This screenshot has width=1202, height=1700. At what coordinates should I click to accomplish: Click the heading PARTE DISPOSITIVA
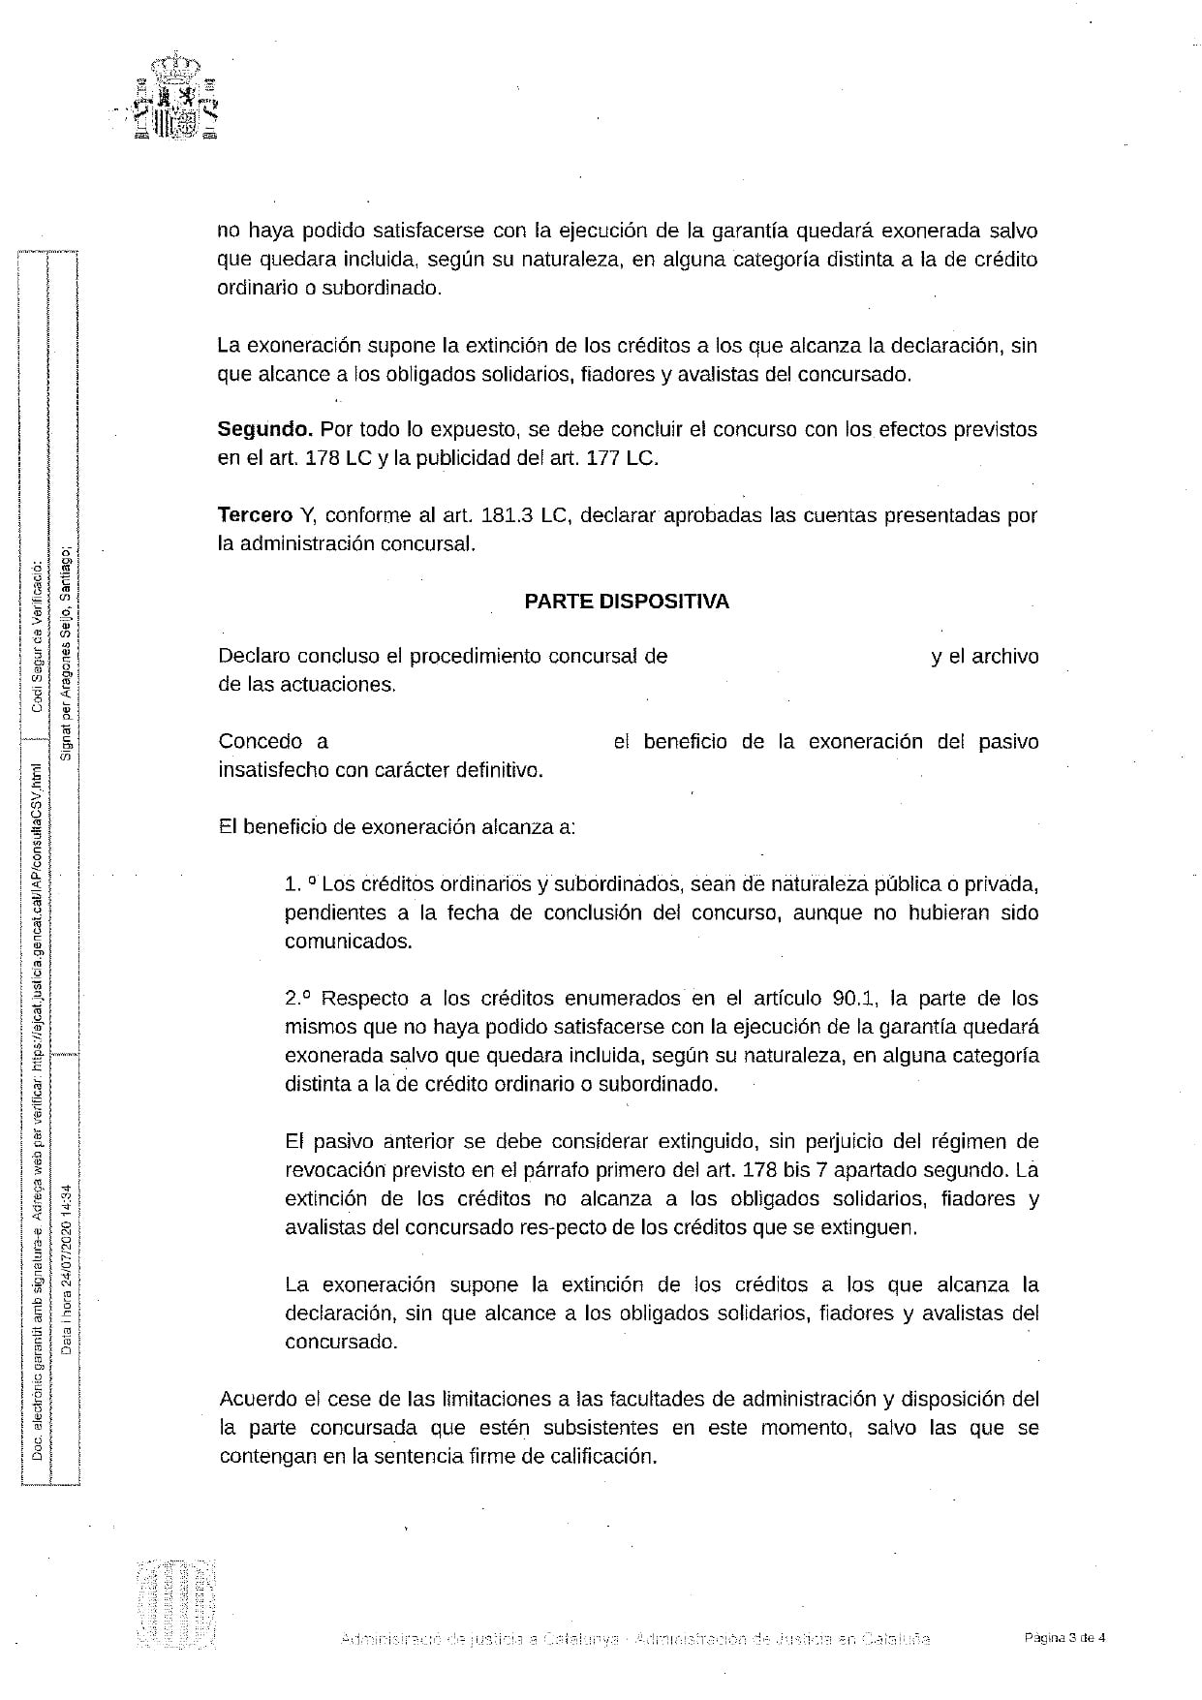pos(627,602)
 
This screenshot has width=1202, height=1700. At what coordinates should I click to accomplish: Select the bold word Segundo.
pos(264,429)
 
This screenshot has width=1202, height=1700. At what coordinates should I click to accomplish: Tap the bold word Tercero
pos(255,515)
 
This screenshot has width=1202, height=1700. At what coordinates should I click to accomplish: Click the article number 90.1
pos(855,999)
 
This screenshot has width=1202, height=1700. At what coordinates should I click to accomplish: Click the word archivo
pos(1005,657)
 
